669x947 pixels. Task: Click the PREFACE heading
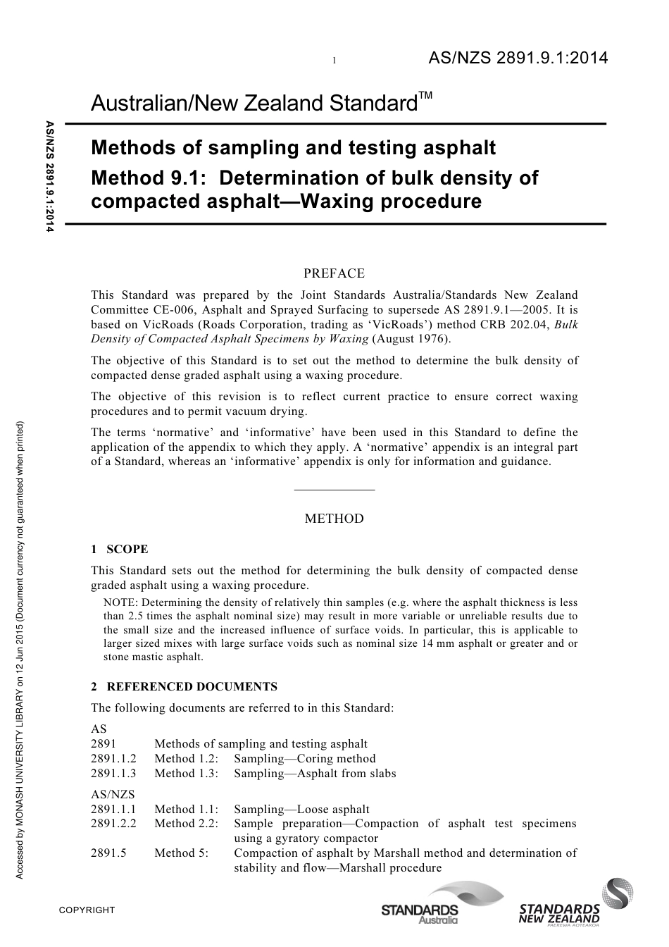(x=334, y=273)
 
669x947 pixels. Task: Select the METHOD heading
(x=334, y=519)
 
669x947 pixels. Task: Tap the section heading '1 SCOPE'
(x=120, y=549)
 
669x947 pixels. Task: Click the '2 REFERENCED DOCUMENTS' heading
(x=184, y=686)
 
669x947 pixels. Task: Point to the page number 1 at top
(x=334, y=61)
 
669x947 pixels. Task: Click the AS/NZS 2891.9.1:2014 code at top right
(x=518, y=59)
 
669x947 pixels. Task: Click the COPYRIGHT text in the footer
(x=87, y=910)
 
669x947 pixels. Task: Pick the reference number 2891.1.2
(x=113, y=758)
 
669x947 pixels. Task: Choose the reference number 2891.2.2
(x=113, y=823)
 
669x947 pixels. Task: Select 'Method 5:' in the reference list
(x=182, y=853)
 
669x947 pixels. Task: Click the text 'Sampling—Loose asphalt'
(x=301, y=810)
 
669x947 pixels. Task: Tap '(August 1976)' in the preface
(x=406, y=339)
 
